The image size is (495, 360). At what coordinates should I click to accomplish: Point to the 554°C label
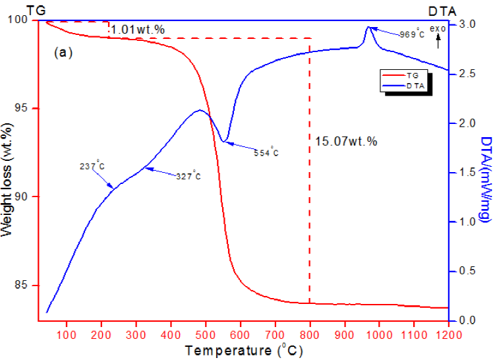coord(266,153)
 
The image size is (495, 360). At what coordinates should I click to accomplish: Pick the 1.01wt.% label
coord(138,30)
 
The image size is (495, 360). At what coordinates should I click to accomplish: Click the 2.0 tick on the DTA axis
coord(466,123)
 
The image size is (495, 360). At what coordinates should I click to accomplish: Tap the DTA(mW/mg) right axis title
coord(485,179)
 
